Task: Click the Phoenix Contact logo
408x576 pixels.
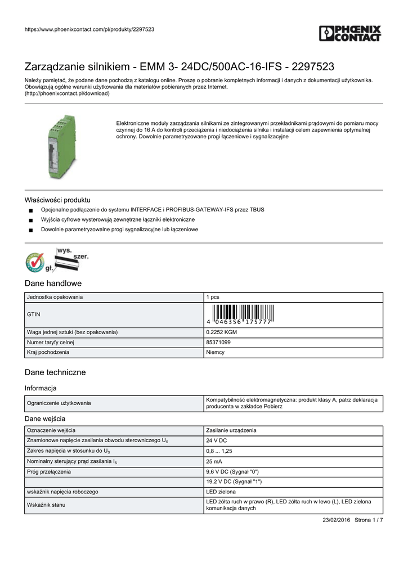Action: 350,33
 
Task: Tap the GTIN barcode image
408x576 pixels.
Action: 240,314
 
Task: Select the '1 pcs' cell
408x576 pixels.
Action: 213,297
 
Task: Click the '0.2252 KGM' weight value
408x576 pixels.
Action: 222,332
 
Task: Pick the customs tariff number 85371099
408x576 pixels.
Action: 218,342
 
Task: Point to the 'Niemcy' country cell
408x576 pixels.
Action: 216,352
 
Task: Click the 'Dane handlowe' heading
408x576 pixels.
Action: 53,283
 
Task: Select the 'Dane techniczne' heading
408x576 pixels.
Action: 55,372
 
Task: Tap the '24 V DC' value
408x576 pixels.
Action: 217,440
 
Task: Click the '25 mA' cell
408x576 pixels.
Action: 214,461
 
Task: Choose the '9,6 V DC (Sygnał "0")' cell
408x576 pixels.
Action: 232,471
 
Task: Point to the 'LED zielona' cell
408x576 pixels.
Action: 221,492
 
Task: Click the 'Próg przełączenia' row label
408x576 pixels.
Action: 50,471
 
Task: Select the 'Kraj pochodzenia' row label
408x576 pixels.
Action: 48,352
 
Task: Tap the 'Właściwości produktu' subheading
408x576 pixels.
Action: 57,200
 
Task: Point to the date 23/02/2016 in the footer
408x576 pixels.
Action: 334,520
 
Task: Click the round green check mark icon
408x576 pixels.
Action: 35,262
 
